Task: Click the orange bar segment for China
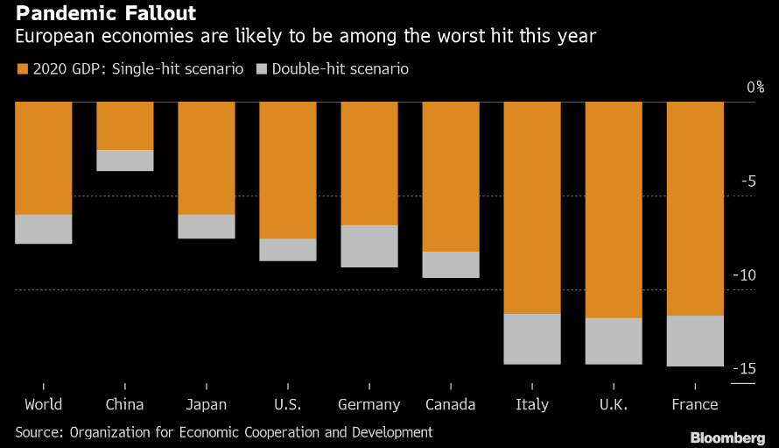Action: coord(125,125)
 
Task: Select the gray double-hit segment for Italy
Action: coord(532,338)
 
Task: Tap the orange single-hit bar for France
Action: coord(695,209)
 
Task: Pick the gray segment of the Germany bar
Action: coord(368,245)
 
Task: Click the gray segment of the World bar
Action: coord(44,229)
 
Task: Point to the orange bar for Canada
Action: coord(451,176)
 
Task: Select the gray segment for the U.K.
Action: coord(614,341)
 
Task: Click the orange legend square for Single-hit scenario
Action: coord(22,68)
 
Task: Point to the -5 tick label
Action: coord(747,181)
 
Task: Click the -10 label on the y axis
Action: coord(744,275)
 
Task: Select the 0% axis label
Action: coord(754,88)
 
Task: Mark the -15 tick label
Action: coord(744,369)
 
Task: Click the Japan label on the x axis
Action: coord(207,404)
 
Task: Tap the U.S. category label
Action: coord(288,404)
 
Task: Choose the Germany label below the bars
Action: coord(368,404)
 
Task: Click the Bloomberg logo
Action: coord(727,437)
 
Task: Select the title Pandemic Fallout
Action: coord(105,15)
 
